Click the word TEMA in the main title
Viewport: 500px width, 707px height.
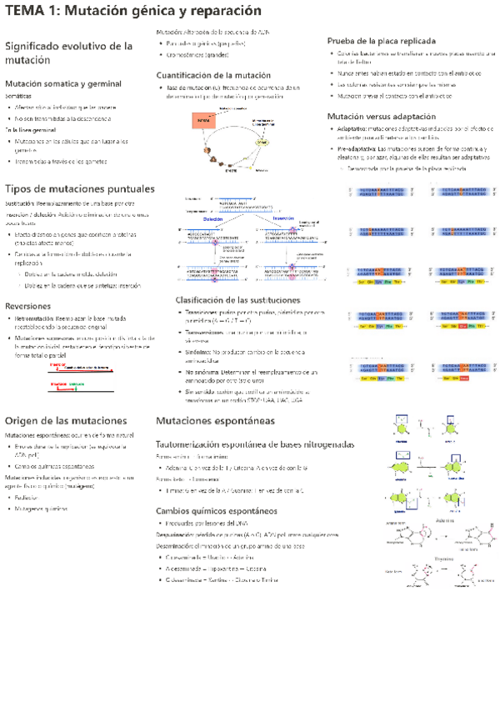pyautogui.click(x=26, y=11)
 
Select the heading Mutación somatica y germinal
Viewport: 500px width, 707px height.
pyautogui.click(x=62, y=84)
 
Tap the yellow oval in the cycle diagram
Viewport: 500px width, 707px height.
pyautogui.click(x=262, y=142)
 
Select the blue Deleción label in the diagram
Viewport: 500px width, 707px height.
pyautogui.click(x=212, y=218)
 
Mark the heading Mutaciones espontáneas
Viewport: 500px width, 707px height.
pyautogui.click(x=214, y=422)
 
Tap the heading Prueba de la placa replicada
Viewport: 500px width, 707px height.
pyautogui.click(x=381, y=40)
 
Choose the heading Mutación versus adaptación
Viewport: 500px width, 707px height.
pyautogui.click(x=380, y=116)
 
